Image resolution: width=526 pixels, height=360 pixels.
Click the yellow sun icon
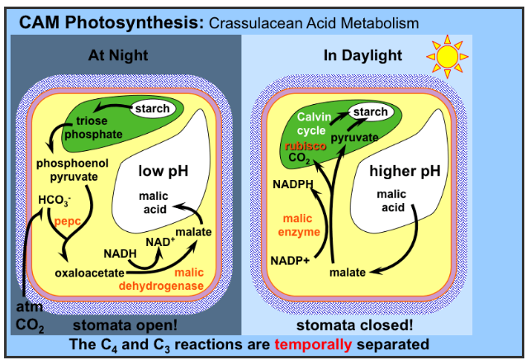pos(448,54)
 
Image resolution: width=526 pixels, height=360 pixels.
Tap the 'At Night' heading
pos(121,56)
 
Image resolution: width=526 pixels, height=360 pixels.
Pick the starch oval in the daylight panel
pos(369,111)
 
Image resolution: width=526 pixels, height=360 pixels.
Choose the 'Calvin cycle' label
pos(312,123)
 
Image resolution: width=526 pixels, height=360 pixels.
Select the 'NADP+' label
pos(291,262)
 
